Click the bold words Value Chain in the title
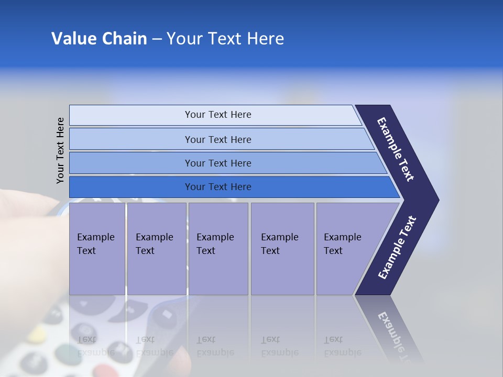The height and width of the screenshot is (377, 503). (x=99, y=39)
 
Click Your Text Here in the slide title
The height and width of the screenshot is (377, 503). (x=225, y=39)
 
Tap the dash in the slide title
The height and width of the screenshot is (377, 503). (x=157, y=39)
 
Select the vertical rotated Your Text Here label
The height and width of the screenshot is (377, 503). (x=61, y=150)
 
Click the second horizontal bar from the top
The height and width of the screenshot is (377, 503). (x=218, y=139)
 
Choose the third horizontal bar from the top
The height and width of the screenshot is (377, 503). (x=218, y=163)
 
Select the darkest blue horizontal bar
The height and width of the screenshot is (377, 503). (x=218, y=187)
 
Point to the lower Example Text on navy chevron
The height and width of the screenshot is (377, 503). (x=397, y=248)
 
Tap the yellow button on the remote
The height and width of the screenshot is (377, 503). (x=37, y=334)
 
